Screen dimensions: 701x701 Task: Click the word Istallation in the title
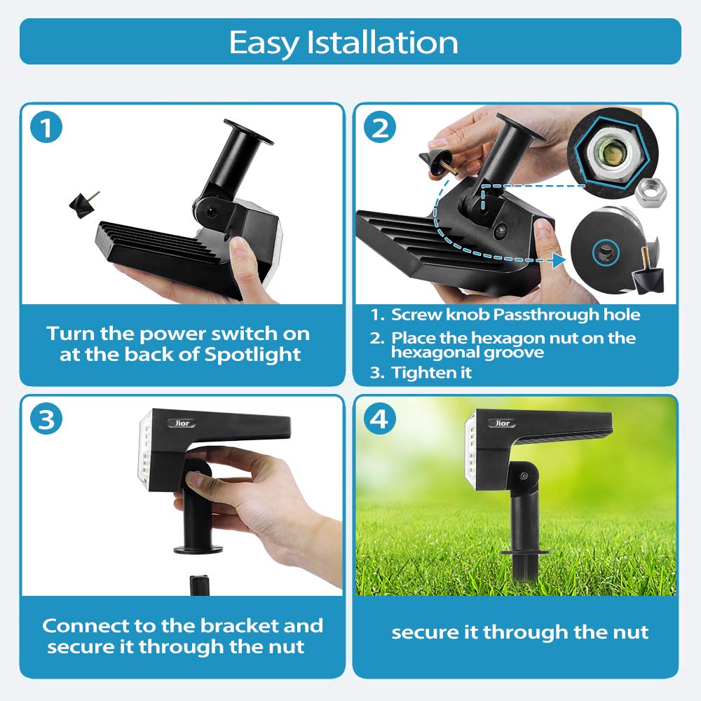tap(382, 43)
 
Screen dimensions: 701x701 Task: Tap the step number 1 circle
tap(46, 128)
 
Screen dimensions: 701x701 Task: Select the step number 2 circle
tap(379, 128)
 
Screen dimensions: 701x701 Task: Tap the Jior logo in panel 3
tap(182, 423)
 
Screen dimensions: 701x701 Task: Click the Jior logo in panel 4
tap(502, 423)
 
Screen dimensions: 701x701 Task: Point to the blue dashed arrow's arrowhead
tap(559, 260)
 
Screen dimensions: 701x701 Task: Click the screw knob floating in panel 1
tap(83, 204)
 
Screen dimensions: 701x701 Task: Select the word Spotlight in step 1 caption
tap(252, 355)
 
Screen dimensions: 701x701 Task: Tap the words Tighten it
tap(431, 372)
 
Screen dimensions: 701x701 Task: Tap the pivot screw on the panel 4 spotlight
tap(524, 477)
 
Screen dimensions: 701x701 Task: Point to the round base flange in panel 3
tap(198, 549)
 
